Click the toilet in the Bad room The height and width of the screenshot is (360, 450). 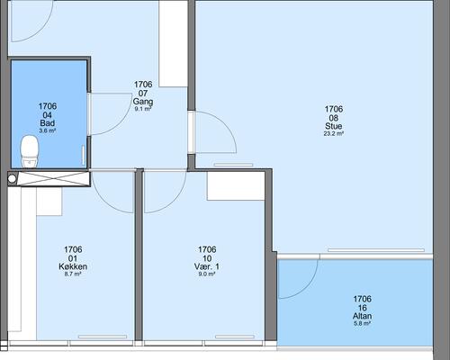pos(30,150)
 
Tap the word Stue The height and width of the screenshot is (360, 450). pos(334,126)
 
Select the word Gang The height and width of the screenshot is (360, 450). pos(143,102)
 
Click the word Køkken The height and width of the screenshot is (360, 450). pos(73,266)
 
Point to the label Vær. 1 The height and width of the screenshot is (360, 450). pos(207,266)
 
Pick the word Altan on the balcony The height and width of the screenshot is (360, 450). pos(363,316)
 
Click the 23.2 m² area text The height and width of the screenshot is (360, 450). pos(334,134)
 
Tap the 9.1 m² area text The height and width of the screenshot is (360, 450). pos(143,109)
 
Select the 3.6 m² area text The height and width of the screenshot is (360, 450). pos(48,130)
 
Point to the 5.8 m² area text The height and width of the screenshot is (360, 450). pos(363,324)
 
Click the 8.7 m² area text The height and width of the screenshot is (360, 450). pos(73,274)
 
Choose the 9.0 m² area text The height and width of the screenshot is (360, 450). pos(207,274)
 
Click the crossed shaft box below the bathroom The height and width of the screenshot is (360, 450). pos(53,179)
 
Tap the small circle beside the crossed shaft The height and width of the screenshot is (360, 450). pos(12,179)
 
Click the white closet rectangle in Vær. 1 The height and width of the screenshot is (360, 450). pos(236,186)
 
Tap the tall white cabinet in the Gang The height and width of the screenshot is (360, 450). pos(173,44)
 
